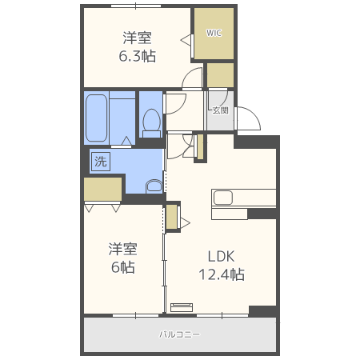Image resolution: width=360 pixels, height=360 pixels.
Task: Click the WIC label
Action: pos(214,34)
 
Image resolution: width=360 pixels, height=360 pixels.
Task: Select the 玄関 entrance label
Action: pos(220,110)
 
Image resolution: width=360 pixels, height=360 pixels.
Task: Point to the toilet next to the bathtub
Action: pos(150,122)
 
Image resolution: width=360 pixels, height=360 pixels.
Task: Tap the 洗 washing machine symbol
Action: pos(100,161)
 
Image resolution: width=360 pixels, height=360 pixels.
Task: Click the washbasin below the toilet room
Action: pos(154,186)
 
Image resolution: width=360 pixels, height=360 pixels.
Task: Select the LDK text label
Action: pos(222,257)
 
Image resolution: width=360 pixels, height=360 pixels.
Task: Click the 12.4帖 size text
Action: pos(222,274)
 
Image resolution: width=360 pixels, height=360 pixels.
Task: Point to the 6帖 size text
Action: pos(122,267)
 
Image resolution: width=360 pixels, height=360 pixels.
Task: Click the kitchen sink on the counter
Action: pos(222,197)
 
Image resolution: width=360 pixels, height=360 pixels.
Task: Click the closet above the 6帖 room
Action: pos(102,189)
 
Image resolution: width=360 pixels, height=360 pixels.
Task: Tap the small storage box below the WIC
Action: pos(219,74)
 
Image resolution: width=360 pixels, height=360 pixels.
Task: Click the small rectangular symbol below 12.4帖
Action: pos(182,305)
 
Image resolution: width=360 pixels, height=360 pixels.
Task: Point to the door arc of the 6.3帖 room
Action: pos(193,78)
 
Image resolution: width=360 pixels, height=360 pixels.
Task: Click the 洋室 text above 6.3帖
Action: pos(138,38)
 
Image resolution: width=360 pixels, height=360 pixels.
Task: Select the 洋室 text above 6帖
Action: pos(122,249)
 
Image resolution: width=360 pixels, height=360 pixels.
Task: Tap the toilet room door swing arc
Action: pos(175,102)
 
